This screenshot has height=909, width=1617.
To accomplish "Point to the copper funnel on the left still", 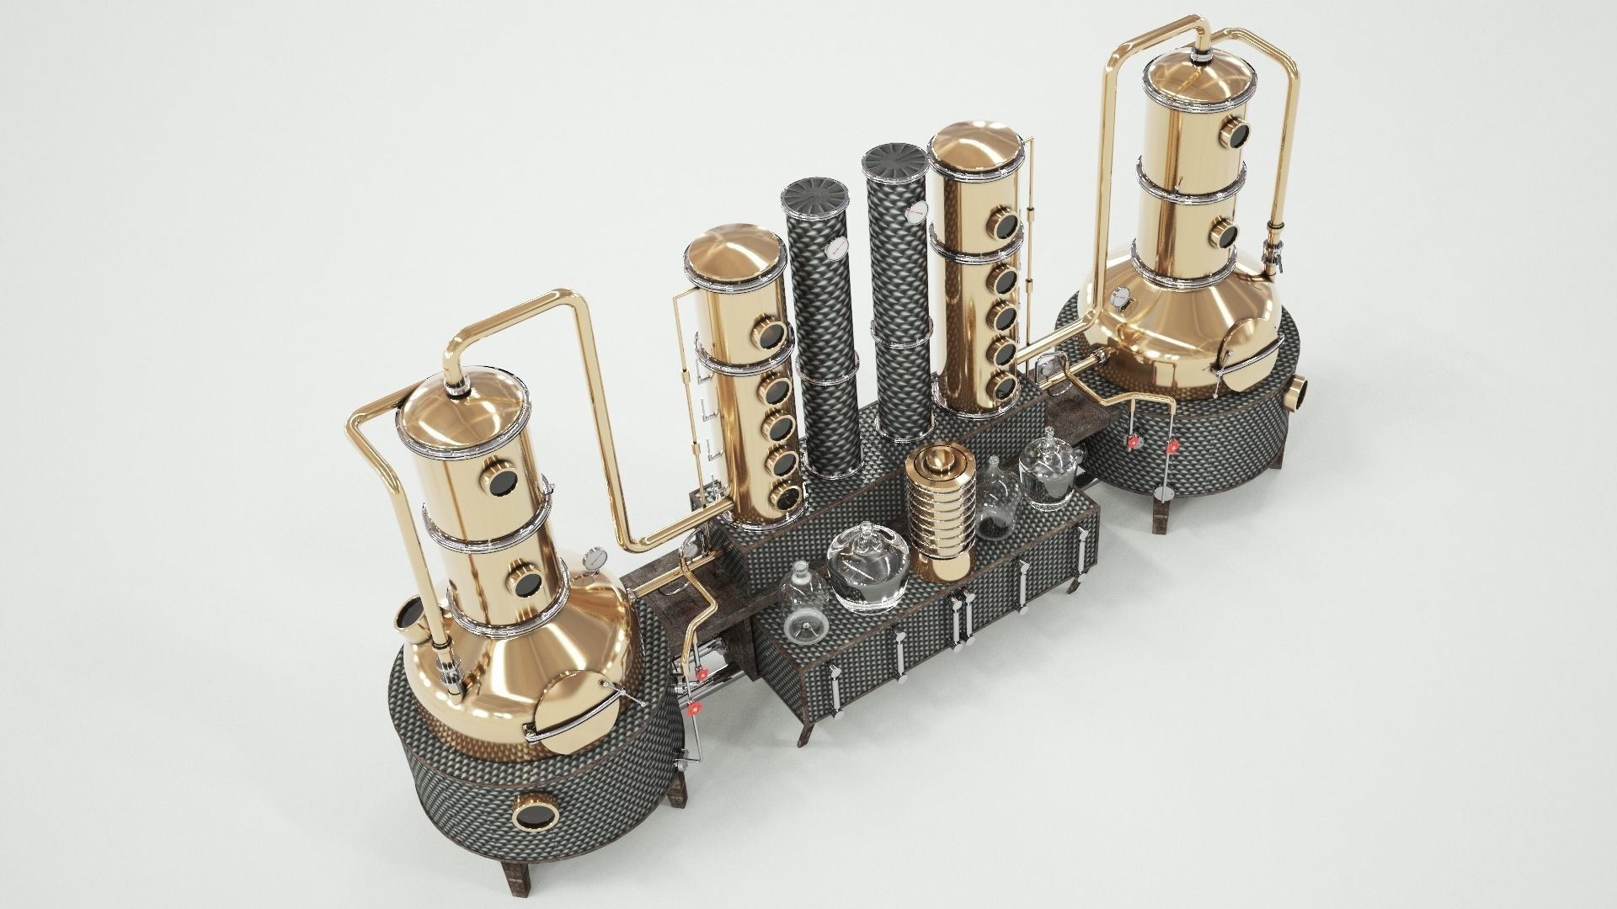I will (408, 619).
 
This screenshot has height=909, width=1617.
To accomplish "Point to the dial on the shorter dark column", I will (835, 249).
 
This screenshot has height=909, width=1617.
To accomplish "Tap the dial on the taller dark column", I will (916, 213).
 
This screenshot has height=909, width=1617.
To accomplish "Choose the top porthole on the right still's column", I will (1236, 132).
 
